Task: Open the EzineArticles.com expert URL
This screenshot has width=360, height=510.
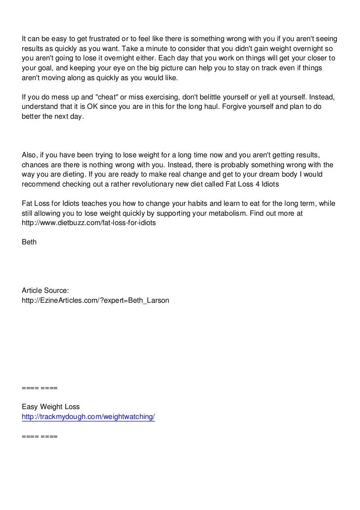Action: coord(95,300)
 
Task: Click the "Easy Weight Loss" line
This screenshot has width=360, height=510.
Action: coord(51,407)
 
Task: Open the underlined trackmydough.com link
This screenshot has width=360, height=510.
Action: coord(89,417)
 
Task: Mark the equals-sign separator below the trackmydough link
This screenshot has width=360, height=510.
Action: coord(40,436)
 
